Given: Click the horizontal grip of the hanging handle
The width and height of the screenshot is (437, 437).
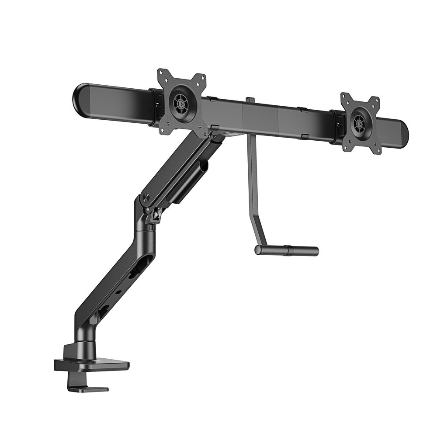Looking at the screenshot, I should pyautogui.click(x=287, y=250).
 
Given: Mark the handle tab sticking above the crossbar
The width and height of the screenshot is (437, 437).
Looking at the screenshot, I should pyautogui.click(x=250, y=100).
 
